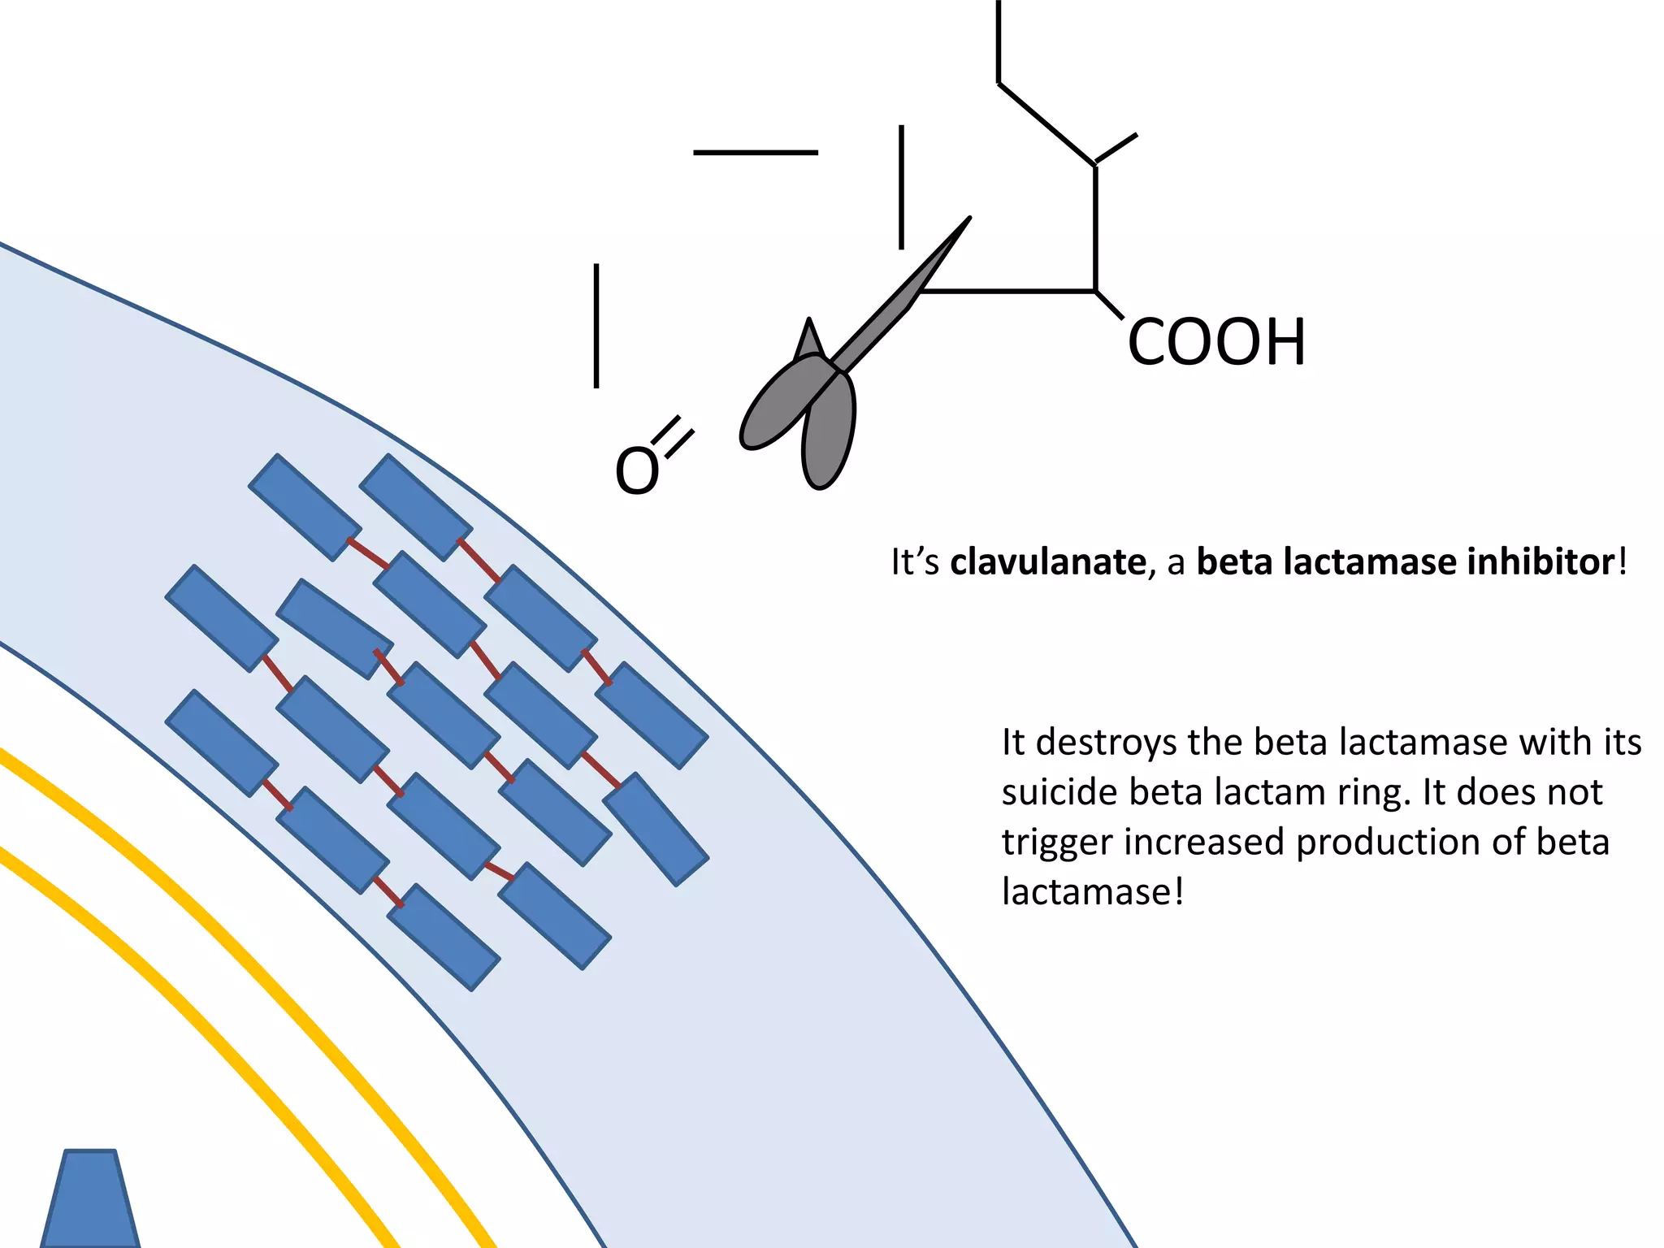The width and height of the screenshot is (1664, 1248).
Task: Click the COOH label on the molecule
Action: (x=1216, y=343)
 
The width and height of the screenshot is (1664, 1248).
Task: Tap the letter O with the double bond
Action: (x=636, y=471)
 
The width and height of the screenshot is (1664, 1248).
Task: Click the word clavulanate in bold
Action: (x=1047, y=562)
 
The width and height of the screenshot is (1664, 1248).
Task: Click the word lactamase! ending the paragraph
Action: (x=1093, y=892)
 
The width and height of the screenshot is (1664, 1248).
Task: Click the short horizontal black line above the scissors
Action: (x=756, y=152)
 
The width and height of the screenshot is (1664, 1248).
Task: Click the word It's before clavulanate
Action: (x=915, y=562)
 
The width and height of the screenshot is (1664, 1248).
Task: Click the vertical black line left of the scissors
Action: (x=596, y=326)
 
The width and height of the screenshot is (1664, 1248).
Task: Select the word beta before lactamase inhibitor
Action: (x=1234, y=562)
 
